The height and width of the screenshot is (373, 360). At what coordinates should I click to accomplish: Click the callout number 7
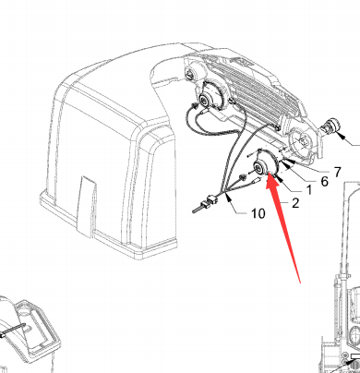point(337,172)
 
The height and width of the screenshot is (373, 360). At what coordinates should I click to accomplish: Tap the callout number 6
point(324,181)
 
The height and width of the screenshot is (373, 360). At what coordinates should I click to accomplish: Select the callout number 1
point(309,190)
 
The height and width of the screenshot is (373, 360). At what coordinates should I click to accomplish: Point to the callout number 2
point(295,203)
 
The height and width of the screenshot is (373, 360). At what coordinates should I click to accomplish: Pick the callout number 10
point(258,213)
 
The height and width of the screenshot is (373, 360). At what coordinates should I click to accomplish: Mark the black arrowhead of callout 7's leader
point(291,161)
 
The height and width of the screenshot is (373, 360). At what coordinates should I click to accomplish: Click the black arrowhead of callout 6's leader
point(286,166)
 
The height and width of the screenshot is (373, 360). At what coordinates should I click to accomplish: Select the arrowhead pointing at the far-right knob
point(341,136)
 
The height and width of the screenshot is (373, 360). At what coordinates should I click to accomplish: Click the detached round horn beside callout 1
point(265,166)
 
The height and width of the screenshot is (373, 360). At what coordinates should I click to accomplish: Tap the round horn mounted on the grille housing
point(210,96)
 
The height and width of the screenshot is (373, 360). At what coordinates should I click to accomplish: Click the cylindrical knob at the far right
point(330,126)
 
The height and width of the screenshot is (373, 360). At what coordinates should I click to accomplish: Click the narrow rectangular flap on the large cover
point(87,207)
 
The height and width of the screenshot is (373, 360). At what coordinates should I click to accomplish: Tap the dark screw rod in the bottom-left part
point(12,331)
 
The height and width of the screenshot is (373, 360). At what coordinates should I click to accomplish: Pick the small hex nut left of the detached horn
point(243,177)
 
